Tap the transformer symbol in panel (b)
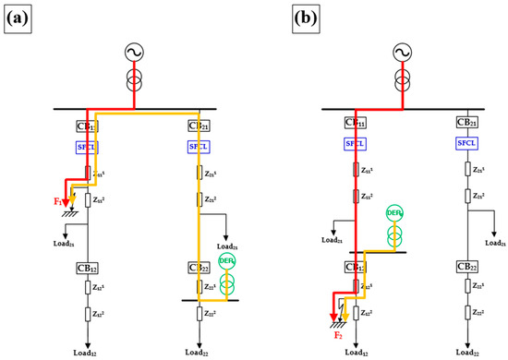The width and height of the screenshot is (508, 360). click(402, 76)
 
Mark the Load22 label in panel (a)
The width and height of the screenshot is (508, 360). click(199, 353)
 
